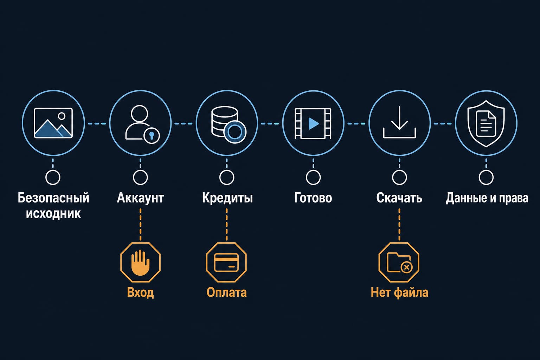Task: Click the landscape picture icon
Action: [53, 123]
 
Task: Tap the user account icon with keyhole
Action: [142, 124]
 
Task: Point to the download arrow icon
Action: [399, 122]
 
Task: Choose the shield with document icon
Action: [486, 123]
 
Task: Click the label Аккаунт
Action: [140, 198]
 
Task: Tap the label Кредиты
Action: [227, 198]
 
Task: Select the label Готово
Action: [313, 198]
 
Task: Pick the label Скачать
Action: [399, 198]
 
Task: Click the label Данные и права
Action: [487, 198]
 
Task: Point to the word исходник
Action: [53, 214]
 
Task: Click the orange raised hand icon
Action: [140, 263]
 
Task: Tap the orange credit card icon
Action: [226, 263]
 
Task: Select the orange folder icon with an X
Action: [399, 263]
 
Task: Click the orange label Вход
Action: [140, 293]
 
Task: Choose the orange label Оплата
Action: [227, 292]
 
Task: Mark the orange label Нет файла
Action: [399, 292]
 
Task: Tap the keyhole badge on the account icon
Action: [152, 136]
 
